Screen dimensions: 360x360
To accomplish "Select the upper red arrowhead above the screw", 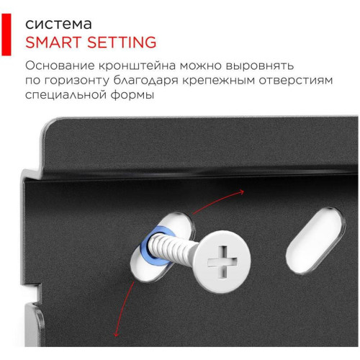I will pyautogui.click(x=241, y=192).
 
